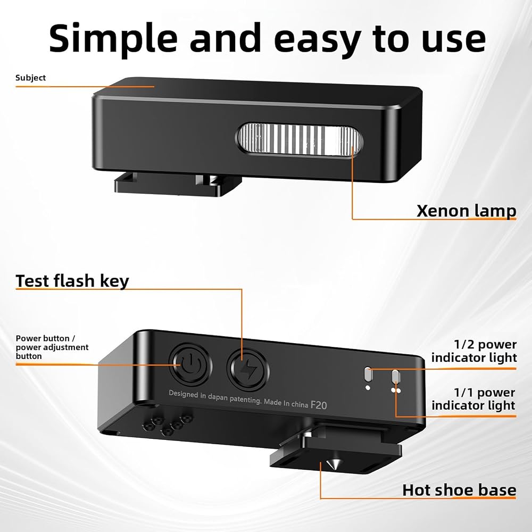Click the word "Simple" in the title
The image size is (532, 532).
[113, 39]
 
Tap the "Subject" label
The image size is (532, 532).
[30, 78]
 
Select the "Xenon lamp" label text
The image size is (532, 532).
[467, 211]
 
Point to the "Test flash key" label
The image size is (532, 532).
[72, 281]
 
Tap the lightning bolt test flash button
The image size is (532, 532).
[248, 370]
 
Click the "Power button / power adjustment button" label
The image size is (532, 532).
[52, 347]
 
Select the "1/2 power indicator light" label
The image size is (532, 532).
[474, 351]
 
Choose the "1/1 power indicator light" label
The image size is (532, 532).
[473, 398]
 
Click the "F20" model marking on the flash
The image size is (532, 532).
[319, 405]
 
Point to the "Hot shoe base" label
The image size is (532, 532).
[460, 491]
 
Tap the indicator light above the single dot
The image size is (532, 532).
[368, 374]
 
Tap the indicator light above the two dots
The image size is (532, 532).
[395, 377]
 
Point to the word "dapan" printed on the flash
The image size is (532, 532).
[218, 397]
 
